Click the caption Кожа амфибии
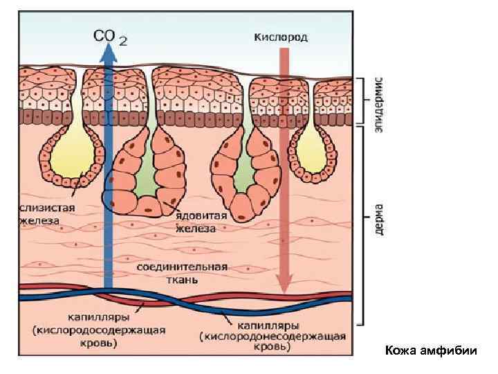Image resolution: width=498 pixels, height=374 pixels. [432, 350]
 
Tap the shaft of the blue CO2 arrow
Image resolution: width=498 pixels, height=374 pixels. [108, 173]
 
